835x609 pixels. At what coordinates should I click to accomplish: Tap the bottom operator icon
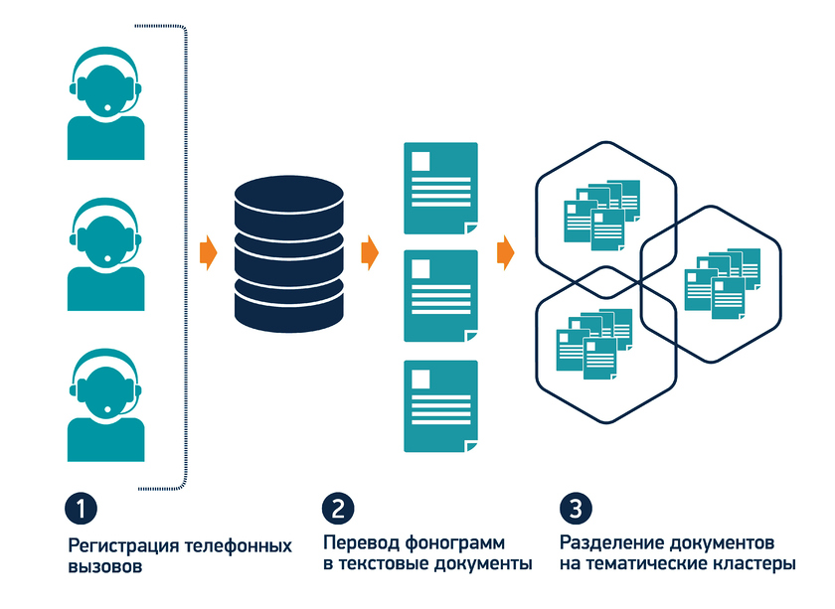[105, 405]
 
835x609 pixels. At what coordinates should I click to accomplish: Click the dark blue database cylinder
[287, 251]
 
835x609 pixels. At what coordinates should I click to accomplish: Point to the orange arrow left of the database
[208, 253]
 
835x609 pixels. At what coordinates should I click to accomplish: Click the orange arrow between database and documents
[370, 253]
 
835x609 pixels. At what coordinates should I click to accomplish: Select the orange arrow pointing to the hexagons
[506, 253]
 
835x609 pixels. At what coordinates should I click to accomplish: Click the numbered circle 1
[82, 508]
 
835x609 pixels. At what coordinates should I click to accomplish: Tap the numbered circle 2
[338, 508]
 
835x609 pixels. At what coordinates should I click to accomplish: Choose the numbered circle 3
[576, 508]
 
